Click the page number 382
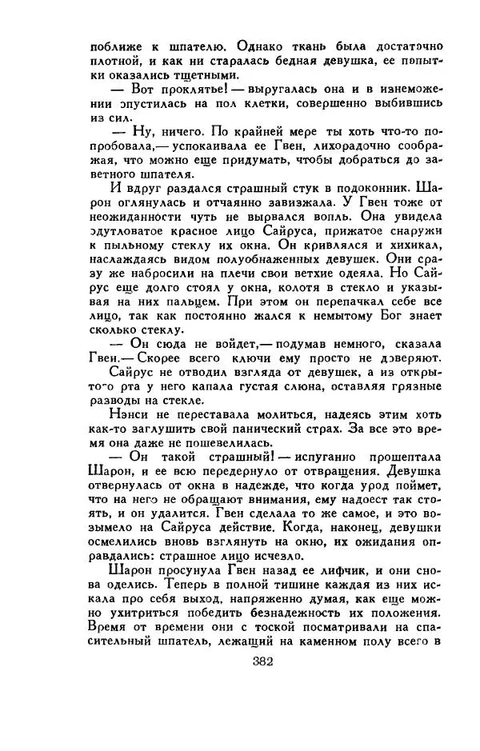click(263, 661)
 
